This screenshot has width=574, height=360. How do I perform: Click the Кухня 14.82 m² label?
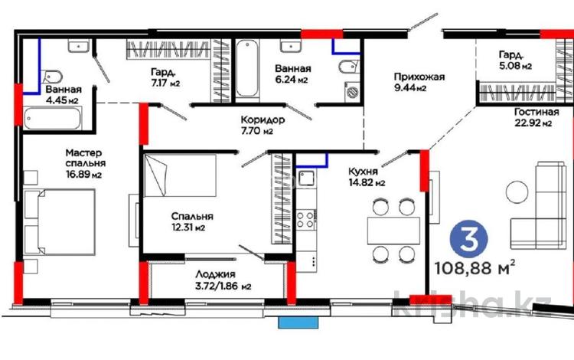[x=367, y=177]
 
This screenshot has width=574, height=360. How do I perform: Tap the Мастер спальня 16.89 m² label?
[x=85, y=163]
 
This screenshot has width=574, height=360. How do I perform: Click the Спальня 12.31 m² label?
[x=191, y=221]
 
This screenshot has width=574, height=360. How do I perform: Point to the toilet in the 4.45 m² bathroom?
[x=53, y=77]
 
